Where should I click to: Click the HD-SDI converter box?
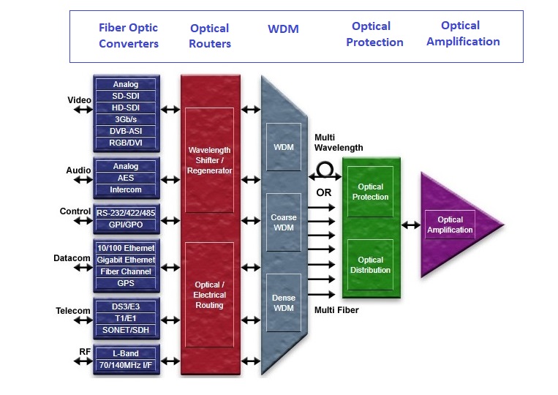(125, 108)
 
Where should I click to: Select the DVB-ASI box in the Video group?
(125, 131)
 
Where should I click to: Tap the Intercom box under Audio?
(125, 189)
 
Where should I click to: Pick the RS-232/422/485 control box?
(125, 213)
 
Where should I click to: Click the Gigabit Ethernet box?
(125, 260)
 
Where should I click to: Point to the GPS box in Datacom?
(125, 283)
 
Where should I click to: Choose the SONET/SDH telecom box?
(125, 330)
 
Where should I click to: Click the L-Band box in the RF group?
(125, 353)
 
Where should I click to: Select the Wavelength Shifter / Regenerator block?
(209, 160)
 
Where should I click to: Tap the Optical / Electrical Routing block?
(209, 295)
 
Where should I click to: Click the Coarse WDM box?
(283, 223)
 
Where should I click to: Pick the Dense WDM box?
(283, 303)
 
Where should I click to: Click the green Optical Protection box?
(370, 192)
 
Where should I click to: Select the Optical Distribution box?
(370, 265)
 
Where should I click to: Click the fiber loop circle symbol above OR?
(324, 170)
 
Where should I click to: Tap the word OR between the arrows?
(323, 192)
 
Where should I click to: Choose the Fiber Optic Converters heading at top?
(129, 35)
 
